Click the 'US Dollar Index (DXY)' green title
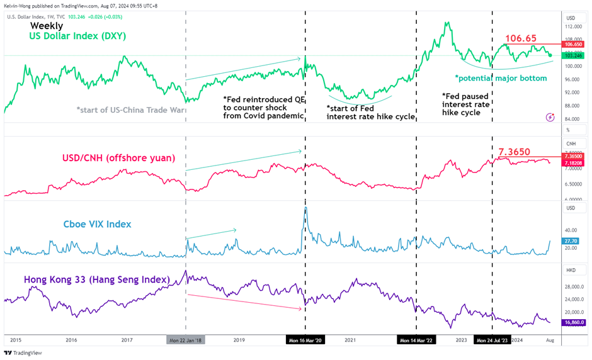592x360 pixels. pos(77,37)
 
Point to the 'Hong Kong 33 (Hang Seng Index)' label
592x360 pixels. pos(97,279)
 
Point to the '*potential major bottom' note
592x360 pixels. pos(501,78)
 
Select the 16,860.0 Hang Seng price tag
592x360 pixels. pos(574,323)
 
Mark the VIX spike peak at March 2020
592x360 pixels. pos(305,207)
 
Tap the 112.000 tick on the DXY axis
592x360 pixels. pos(572,28)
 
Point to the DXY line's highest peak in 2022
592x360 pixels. pos(447,23)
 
